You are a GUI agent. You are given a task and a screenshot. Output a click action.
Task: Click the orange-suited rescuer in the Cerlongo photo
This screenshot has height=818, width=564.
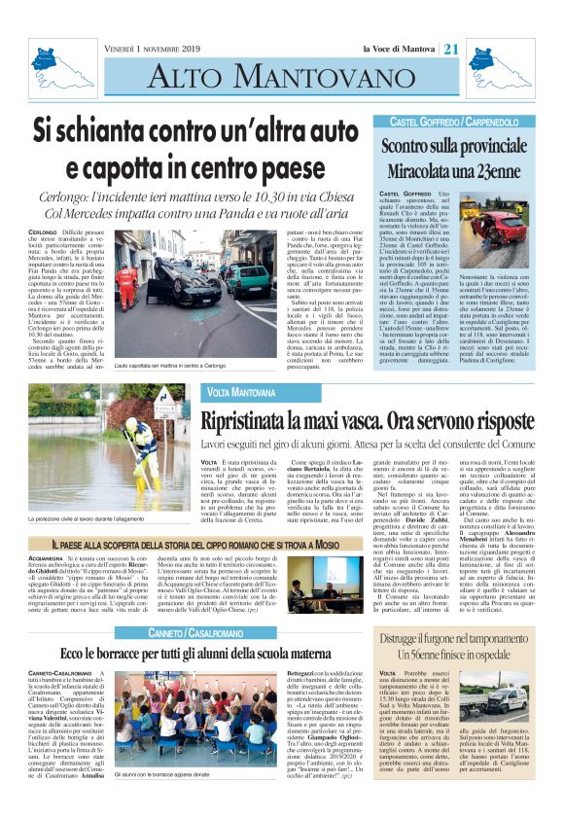click(x=126, y=282)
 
